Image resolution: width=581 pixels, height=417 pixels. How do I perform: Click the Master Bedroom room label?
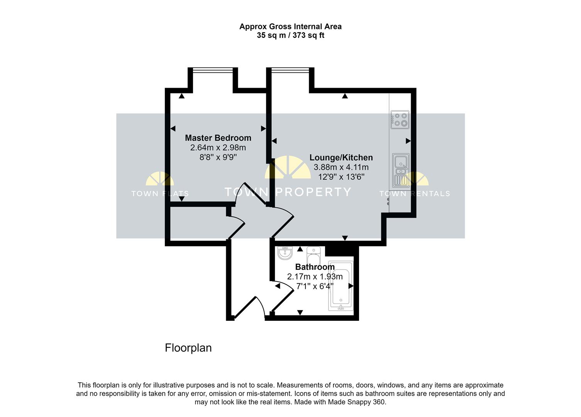[x=218, y=138]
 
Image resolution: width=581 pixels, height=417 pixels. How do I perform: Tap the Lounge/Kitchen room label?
[x=341, y=158]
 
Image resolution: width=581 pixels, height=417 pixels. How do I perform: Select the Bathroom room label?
[x=315, y=267]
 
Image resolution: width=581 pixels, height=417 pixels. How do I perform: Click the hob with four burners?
[x=400, y=119]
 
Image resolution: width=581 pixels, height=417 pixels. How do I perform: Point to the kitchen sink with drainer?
[x=401, y=170]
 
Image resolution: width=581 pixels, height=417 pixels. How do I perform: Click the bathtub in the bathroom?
[x=340, y=286]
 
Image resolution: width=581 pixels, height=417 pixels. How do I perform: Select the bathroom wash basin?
[x=285, y=253]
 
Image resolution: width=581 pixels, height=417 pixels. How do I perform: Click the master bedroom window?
[x=212, y=70]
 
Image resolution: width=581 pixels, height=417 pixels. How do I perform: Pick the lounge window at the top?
[x=291, y=70]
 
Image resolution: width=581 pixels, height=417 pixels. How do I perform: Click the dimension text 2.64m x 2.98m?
[x=218, y=147]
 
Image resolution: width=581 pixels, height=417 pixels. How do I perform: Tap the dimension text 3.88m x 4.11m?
[x=341, y=167]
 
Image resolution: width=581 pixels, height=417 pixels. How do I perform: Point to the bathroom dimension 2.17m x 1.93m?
[x=315, y=276]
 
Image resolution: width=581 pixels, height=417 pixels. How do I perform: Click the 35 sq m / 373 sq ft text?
[x=290, y=36]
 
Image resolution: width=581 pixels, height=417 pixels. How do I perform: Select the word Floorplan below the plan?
[x=188, y=348]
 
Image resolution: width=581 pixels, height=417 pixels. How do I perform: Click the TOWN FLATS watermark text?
[x=160, y=193]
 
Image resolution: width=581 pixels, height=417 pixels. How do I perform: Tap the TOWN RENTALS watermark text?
[x=415, y=193]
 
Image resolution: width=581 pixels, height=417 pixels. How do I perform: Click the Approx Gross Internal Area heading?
[x=290, y=27]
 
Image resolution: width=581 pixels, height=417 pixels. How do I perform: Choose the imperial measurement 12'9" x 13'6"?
[x=341, y=177]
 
